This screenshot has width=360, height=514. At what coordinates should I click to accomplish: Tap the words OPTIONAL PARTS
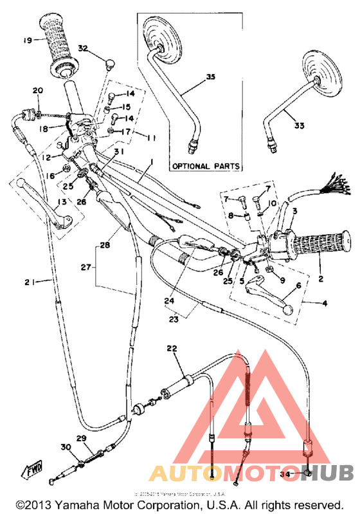click(x=206, y=166)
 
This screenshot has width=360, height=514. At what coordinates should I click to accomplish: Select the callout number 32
click(x=83, y=48)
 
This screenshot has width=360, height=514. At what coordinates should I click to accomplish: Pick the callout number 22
click(x=170, y=348)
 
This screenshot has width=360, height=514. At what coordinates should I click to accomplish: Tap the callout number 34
click(x=284, y=474)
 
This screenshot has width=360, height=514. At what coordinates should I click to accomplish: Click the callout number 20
click(x=37, y=90)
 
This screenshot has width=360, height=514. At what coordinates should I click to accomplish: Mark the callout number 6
click(x=298, y=286)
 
